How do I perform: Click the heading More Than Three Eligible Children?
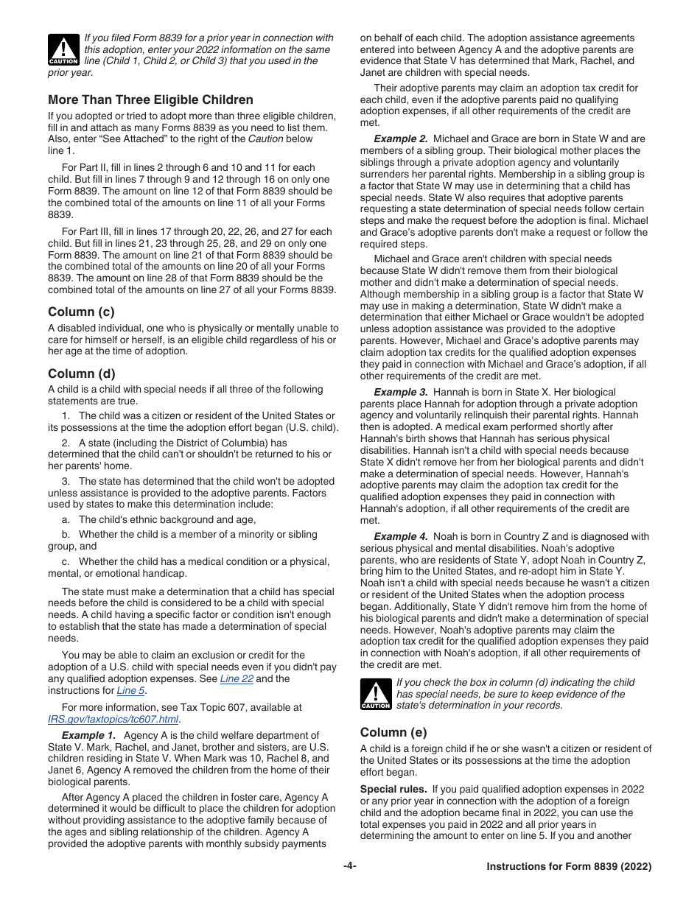click(150, 99)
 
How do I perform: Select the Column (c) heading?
click(81, 312)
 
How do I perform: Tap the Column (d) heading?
click(81, 373)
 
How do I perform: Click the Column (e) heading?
click(393, 732)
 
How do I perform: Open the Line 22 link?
click(237, 678)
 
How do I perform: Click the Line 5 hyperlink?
click(130, 690)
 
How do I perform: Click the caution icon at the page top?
click(63, 49)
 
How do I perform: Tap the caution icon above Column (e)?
click(375, 694)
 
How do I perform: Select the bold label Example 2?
click(400, 138)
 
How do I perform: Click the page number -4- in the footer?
click(350, 866)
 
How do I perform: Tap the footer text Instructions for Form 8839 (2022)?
click(569, 866)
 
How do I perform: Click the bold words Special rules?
click(393, 789)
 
